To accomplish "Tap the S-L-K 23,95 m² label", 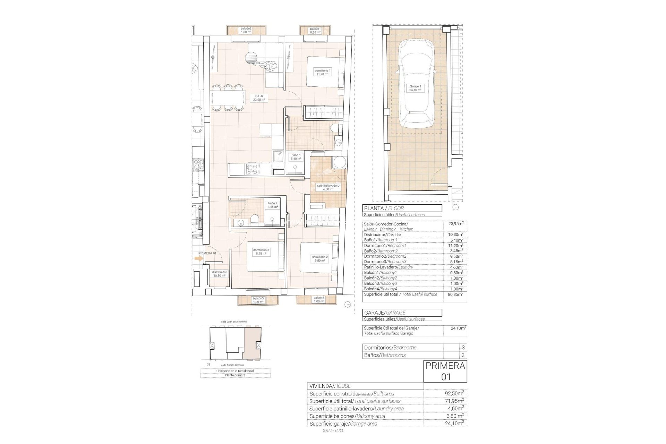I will (259, 97).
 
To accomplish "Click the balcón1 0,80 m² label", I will (315, 30).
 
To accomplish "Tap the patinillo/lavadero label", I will (328, 187).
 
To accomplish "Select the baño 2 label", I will (273, 205).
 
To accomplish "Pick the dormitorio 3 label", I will (261, 251).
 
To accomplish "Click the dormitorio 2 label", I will (319, 259).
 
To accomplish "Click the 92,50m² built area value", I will (454, 393).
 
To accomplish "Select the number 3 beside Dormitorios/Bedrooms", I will (463, 347).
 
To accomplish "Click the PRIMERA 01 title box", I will (445, 371).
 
